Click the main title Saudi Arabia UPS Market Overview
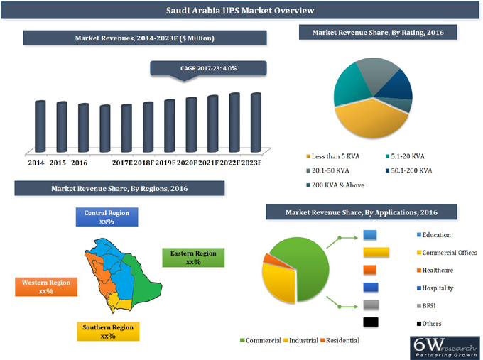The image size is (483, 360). point(240,11)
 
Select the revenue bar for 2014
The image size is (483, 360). point(40,126)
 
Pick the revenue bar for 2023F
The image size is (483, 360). point(256,122)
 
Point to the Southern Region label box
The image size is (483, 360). point(107,332)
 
